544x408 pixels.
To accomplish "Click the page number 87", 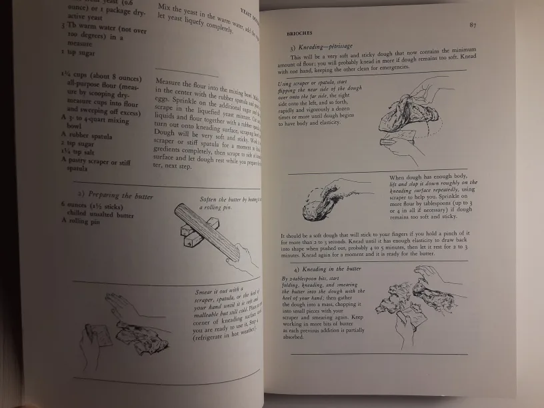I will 471,25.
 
